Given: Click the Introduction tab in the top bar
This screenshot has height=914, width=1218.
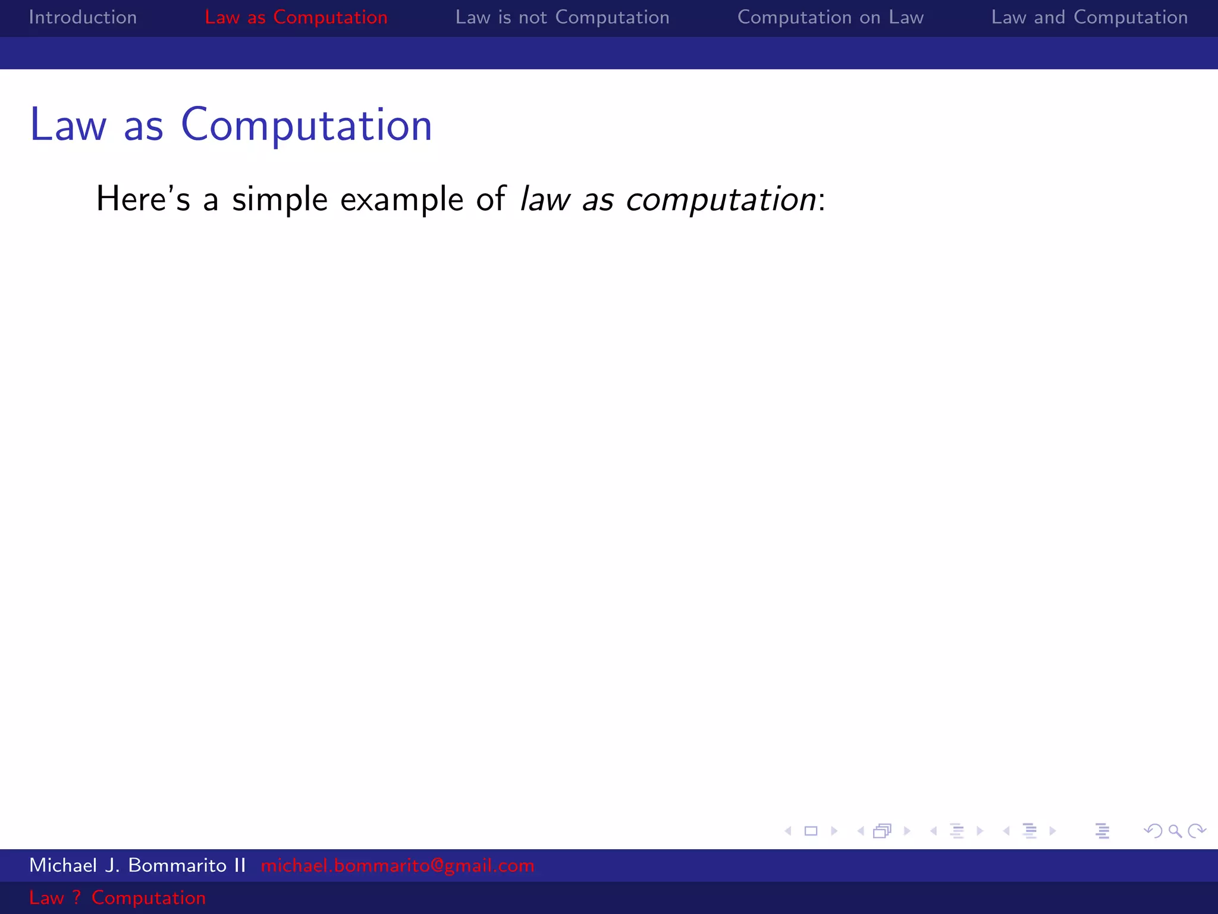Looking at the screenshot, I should (x=83, y=17).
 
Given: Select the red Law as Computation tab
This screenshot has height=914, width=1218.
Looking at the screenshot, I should (x=296, y=17).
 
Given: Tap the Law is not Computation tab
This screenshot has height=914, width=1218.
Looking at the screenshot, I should (x=562, y=17).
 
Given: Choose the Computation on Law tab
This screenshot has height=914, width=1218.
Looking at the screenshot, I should (x=830, y=17).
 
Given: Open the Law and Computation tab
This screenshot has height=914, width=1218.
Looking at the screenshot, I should (x=1089, y=17).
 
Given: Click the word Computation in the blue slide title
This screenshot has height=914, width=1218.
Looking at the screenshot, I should (x=306, y=126).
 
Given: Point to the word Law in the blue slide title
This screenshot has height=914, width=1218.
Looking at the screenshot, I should (x=68, y=126).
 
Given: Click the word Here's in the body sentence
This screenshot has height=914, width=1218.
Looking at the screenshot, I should (x=143, y=199).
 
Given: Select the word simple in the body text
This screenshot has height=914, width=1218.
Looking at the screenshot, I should (x=280, y=200).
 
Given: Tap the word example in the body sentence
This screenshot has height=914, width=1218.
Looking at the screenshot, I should (x=401, y=200).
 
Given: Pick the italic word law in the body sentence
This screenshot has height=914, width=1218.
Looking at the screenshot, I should (x=545, y=199).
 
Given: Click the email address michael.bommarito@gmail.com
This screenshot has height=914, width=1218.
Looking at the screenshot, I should (x=397, y=865).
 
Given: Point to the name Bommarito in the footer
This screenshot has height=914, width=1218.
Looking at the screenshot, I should (x=177, y=865).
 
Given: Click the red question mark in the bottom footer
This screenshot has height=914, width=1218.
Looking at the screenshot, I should (x=76, y=897).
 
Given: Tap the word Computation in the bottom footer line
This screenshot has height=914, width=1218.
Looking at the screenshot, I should (x=148, y=898).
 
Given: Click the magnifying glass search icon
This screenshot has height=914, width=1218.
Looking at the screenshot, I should (x=1175, y=831).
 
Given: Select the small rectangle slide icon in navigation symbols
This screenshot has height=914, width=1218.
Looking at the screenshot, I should (x=811, y=831).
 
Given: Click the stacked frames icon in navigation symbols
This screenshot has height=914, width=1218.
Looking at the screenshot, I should (x=883, y=831).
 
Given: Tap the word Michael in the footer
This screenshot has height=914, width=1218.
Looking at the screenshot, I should (x=62, y=865).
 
